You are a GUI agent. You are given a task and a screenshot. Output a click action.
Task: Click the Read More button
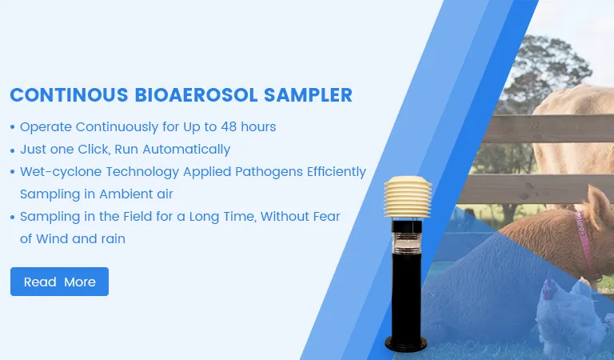coord(59,282)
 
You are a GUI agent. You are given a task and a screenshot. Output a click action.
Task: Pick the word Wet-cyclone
coord(58,171)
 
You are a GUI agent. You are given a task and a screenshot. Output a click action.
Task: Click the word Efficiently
coord(332,171)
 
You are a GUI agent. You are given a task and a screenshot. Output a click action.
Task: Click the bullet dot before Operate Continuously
coord(12,127)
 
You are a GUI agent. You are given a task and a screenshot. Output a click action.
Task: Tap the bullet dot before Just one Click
coord(12,150)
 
